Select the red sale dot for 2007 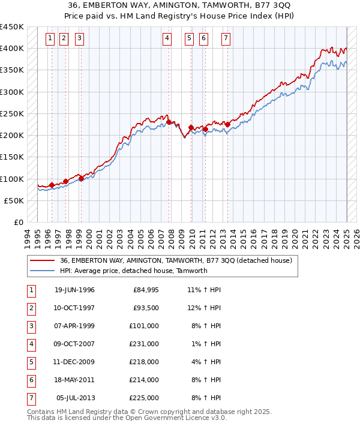coord(169,122)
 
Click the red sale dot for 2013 coord(228,124)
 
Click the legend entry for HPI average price coord(133,271)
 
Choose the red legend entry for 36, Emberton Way coord(176,260)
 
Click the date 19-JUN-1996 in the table coord(74,290)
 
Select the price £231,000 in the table coord(145,344)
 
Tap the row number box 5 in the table coord(31,362)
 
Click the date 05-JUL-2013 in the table coord(76,398)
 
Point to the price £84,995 coord(145,290)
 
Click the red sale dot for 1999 coord(81,178)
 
